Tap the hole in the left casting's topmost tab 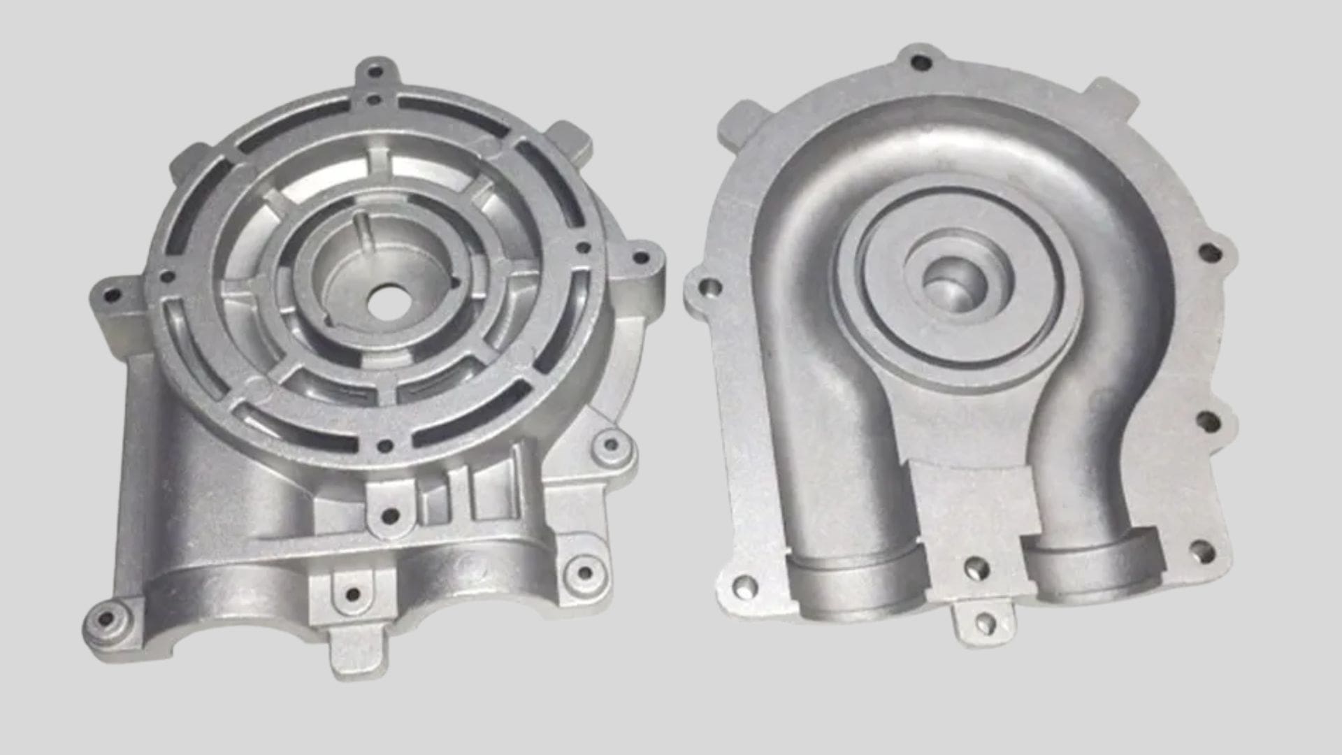pos(375,71)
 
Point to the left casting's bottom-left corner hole pos(105,619)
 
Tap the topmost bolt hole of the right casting pos(922,63)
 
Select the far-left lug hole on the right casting pos(709,287)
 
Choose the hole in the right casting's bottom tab pos(984,622)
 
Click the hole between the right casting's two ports pos(976,568)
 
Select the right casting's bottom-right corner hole pos(1201,552)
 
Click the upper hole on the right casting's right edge pos(1209,252)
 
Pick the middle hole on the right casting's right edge pos(1208,422)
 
